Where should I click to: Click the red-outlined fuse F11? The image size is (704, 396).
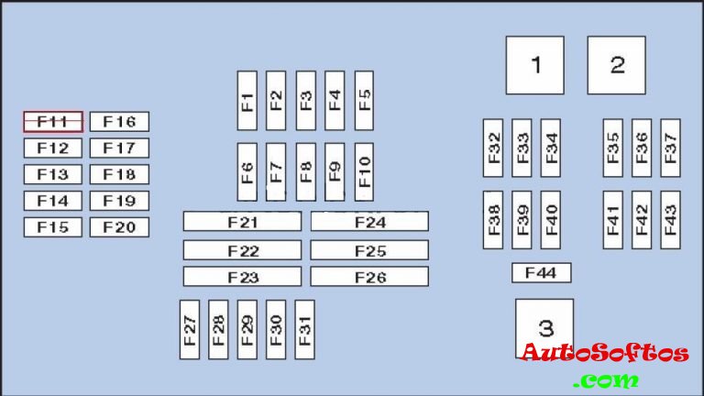53,122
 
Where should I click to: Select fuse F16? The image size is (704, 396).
119,122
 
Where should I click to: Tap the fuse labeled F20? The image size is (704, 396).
119,227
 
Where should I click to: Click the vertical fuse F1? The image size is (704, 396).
247,100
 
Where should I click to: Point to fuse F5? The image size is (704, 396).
364,100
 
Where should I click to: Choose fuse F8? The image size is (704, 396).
305,171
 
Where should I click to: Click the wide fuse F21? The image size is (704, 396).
242,222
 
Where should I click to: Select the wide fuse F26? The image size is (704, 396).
369,277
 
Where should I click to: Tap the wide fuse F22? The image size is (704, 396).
242,250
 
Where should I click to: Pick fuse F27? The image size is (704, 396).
190,329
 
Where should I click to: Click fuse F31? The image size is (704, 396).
304,329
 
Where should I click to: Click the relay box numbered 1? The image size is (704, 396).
535,65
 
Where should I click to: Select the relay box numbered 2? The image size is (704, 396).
617,65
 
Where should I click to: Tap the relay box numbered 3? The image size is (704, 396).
545,327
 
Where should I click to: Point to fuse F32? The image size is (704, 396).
493,148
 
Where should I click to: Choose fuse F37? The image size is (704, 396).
670,148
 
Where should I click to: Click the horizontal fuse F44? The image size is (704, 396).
541,272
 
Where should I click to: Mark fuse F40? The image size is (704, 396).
550,219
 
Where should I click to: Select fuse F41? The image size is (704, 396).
612,219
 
